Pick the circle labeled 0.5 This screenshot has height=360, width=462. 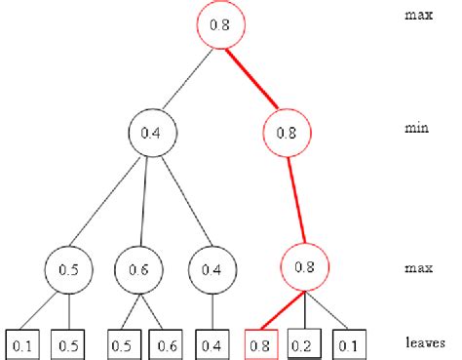coord(66,266)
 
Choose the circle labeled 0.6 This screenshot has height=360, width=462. coord(137,266)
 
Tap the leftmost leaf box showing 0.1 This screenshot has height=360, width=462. coord(22,342)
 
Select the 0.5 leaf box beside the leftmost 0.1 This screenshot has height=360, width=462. coord(67,342)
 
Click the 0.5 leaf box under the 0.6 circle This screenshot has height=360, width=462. coord(119,342)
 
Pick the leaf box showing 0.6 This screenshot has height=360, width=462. coord(165,342)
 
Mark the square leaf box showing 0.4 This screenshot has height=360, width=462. coord(212,342)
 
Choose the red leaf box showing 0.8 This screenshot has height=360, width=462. coord(259,342)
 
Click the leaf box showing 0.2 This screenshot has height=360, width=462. coord(305,342)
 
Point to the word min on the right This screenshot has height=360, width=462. coord(416,128)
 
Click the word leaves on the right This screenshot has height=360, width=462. coord(424,342)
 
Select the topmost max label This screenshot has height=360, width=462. coord(417,16)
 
